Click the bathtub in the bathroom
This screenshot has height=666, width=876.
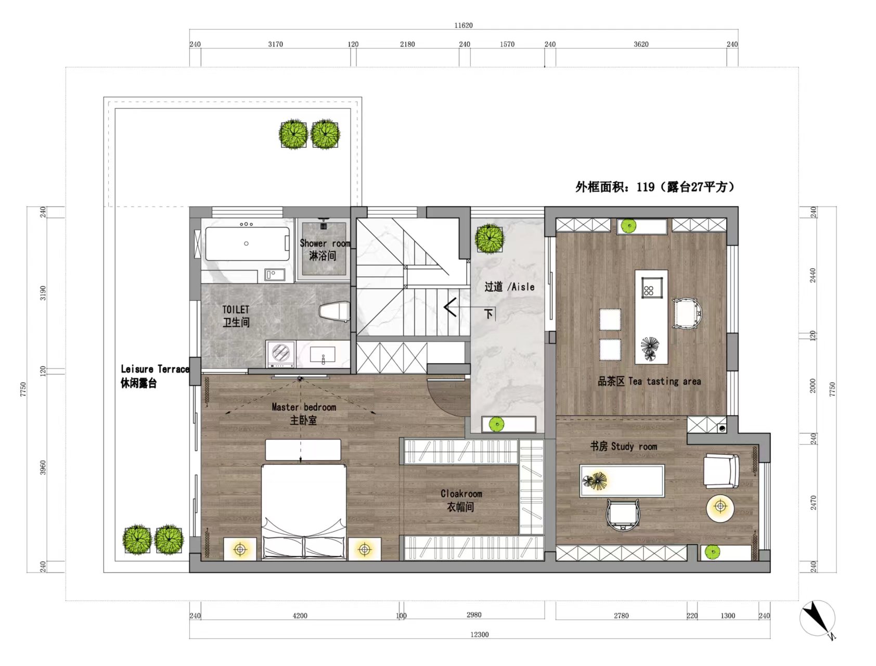[247, 244]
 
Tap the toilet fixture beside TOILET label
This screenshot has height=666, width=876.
[334, 312]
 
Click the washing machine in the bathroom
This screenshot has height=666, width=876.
[280, 353]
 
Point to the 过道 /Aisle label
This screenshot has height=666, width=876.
[509, 287]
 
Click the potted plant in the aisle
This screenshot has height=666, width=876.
[489, 238]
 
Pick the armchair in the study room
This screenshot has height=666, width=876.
[721, 471]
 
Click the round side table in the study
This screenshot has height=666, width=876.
[720, 506]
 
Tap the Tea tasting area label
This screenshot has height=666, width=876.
[649, 381]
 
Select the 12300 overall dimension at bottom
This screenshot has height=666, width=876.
[479, 634]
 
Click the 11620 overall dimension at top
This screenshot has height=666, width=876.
[463, 25]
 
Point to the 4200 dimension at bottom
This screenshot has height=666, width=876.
[300, 616]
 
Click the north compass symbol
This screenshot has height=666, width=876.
[817, 618]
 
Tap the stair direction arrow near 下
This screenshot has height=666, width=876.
[450, 307]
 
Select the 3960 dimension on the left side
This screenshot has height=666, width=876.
[43, 467]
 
